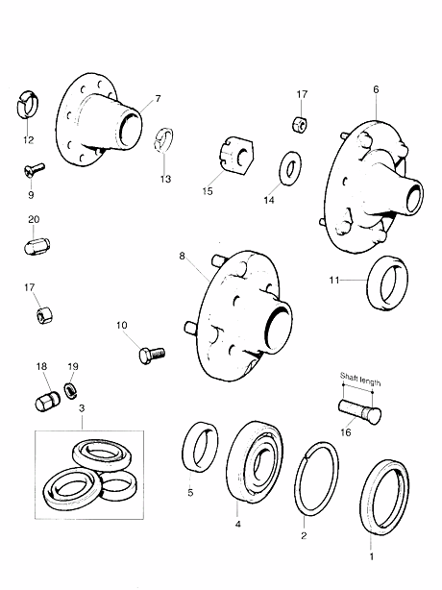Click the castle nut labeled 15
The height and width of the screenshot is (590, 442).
click(235, 158)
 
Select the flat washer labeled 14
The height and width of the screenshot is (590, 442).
click(290, 168)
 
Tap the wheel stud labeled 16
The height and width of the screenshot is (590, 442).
click(359, 411)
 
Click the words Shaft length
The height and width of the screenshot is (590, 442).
click(360, 379)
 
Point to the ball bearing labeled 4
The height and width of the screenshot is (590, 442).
click(255, 462)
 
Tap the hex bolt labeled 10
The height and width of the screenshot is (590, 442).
click(152, 355)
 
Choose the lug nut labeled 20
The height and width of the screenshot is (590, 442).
click(37, 246)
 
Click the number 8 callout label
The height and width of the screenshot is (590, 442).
click(182, 256)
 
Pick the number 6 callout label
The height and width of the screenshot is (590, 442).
click(376, 89)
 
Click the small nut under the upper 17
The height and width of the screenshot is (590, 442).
click(300, 124)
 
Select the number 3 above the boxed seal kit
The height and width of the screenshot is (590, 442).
click(82, 407)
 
